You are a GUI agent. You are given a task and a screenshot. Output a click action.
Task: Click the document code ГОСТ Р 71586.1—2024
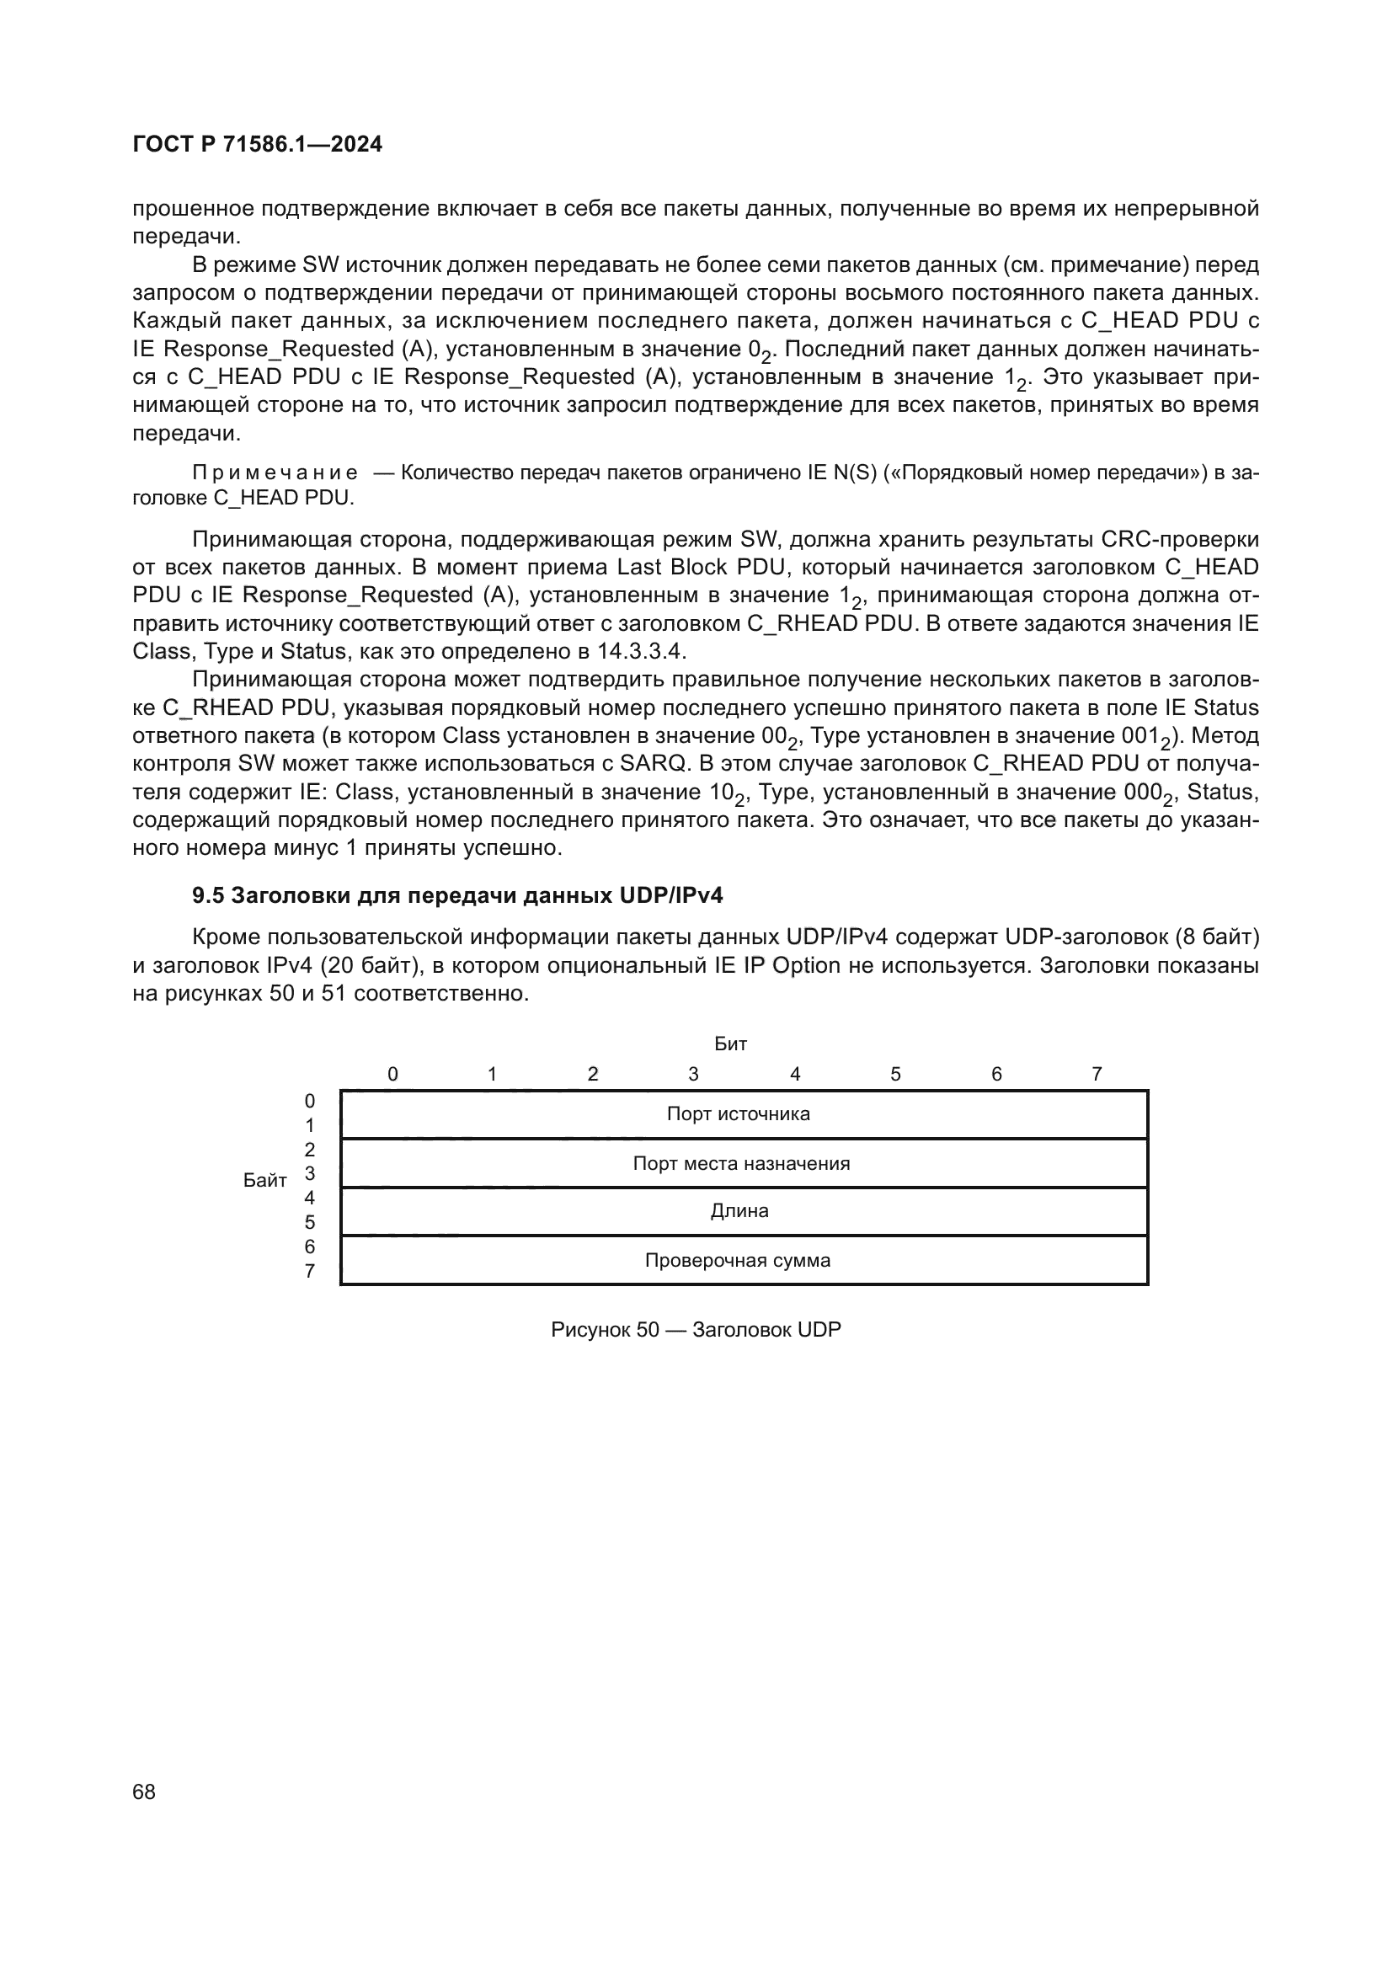258,144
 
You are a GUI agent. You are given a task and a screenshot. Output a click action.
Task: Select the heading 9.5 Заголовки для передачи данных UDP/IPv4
457,896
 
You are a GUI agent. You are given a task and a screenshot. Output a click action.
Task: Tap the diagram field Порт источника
738,1113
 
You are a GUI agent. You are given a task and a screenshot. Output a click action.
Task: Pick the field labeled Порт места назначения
741,1163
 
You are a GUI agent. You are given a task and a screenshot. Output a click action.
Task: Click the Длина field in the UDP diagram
739,1210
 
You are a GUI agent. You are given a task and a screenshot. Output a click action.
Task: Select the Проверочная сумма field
738,1261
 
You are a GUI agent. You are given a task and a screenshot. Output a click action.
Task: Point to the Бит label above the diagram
730,1044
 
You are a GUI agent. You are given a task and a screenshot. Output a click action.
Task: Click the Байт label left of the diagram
264,1181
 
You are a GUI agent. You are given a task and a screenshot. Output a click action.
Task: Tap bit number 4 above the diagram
795,1074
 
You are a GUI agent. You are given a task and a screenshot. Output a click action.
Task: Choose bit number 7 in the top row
1097,1074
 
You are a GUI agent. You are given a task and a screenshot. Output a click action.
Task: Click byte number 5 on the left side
310,1222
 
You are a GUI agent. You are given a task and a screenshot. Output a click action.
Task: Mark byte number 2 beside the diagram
310,1150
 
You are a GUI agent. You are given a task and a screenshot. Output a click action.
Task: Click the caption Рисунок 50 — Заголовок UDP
696,1330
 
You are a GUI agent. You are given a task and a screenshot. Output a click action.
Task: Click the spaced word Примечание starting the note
275,472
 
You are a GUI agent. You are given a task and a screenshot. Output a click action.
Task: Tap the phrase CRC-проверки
1179,540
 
